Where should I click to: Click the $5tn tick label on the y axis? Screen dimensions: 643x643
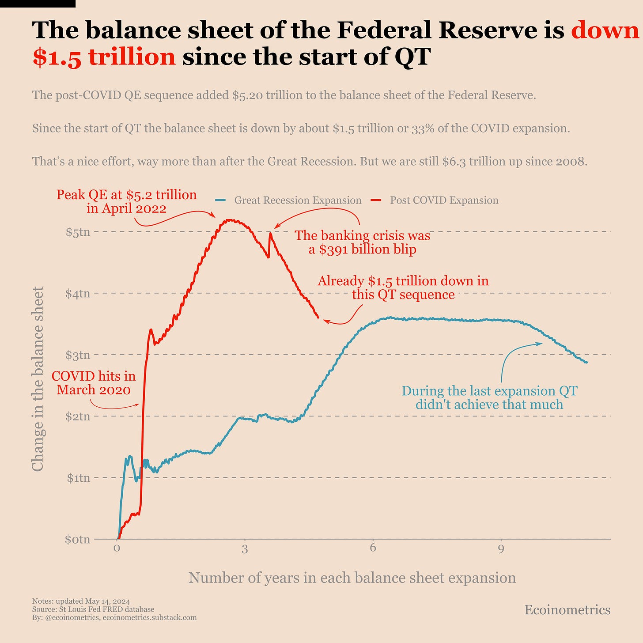click(78, 232)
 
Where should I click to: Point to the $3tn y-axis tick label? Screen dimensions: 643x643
click(78, 355)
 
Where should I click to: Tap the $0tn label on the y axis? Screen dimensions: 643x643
click(78, 540)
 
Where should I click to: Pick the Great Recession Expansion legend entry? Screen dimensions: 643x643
click(297, 200)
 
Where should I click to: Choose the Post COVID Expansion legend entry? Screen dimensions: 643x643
click(444, 200)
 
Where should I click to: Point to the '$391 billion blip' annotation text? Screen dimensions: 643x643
click(362, 250)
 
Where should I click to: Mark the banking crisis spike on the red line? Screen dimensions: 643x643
click(270, 234)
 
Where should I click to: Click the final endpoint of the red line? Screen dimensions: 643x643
click(318, 317)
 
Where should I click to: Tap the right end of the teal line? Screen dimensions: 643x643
click(586, 363)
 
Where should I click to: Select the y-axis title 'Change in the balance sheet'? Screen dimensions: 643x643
click(38, 379)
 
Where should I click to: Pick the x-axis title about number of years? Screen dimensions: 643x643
click(352, 578)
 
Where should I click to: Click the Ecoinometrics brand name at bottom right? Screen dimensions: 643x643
click(567, 610)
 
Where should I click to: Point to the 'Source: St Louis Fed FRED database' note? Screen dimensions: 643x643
click(93, 609)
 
